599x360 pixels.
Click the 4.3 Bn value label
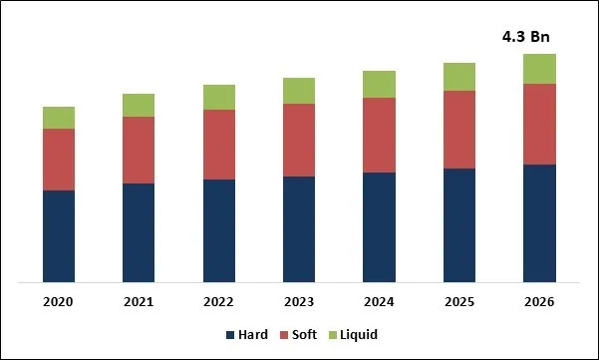pyautogui.click(x=525, y=37)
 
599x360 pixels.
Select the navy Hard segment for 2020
pyautogui.click(x=59, y=236)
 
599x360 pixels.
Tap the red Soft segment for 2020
pyautogui.click(x=59, y=160)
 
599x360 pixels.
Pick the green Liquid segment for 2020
pyautogui.click(x=59, y=118)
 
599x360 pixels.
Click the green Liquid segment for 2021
pyautogui.click(x=139, y=106)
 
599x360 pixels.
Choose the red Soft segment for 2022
pyautogui.click(x=218, y=145)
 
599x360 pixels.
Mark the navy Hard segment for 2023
pyautogui.click(x=298, y=229)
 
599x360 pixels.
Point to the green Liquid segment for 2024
pyautogui.click(x=379, y=85)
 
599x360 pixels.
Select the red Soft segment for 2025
pyautogui.click(x=458, y=130)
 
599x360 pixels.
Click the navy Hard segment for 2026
pyautogui.click(x=539, y=223)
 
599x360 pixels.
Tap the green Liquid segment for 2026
pyautogui.click(x=539, y=69)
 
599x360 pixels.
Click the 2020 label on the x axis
pyautogui.click(x=59, y=302)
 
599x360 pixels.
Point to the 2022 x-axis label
pyautogui.click(x=218, y=302)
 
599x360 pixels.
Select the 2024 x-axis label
pyautogui.click(x=379, y=302)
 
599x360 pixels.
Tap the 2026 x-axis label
pyautogui.click(x=539, y=302)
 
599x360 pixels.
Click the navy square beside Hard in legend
pyautogui.click(x=231, y=335)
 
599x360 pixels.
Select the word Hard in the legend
pyautogui.click(x=253, y=335)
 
